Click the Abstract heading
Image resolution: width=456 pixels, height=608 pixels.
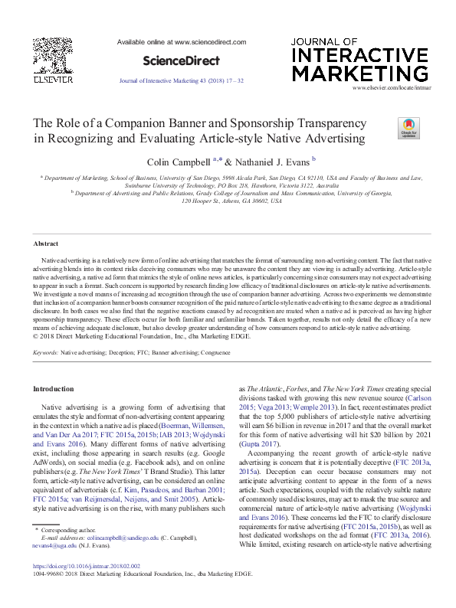46,244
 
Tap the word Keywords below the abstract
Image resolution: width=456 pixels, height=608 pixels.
46,353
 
